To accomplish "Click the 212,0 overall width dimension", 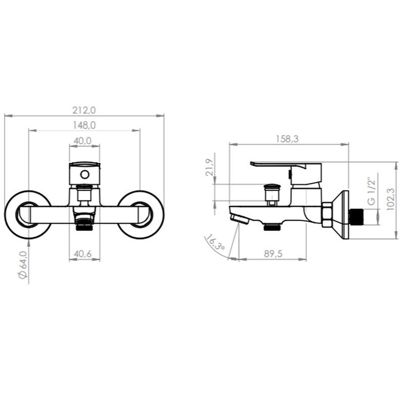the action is pyautogui.click(x=84, y=110).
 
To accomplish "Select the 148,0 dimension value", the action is pyautogui.click(x=84, y=125).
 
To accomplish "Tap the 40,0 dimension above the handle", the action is pyautogui.click(x=82, y=141).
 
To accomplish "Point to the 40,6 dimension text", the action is pyautogui.click(x=82, y=254).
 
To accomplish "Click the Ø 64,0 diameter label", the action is pyautogui.click(x=23, y=265).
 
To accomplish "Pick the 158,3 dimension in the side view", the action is pyautogui.click(x=287, y=139).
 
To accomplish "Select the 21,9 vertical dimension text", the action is pyautogui.click(x=210, y=167).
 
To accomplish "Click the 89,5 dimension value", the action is pyautogui.click(x=273, y=254).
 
